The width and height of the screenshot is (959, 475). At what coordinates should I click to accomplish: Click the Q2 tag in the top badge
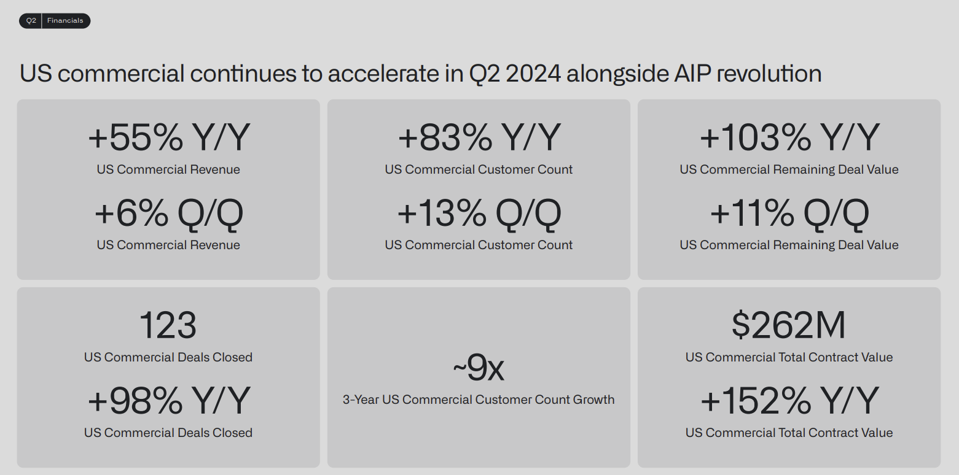pyautogui.click(x=31, y=20)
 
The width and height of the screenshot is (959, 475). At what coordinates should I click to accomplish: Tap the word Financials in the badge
pyautogui.click(x=65, y=20)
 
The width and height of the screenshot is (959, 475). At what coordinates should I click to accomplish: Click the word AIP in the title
pyautogui.click(x=692, y=73)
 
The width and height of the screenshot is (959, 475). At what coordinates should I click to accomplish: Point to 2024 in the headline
pyautogui.click(x=533, y=73)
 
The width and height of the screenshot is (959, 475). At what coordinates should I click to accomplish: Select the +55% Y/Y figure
pyautogui.click(x=169, y=137)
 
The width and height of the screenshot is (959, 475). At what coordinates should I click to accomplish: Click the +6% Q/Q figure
pyautogui.click(x=169, y=213)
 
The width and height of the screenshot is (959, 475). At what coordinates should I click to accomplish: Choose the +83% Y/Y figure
pyautogui.click(x=479, y=137)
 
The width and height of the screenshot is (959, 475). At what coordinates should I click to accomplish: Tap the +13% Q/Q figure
pyautogui.click(x=479, y=213)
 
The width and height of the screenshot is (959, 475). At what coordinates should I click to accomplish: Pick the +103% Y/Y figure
pyautogui.click(x=789, y=137)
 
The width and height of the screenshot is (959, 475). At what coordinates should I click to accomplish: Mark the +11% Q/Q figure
pyautogui.click(x=789, y=213)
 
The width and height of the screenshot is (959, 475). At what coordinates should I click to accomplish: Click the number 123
pyautogui.click(x=168, y=325)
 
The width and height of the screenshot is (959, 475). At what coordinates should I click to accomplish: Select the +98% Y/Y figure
pyautogui.click(x=169, y=400)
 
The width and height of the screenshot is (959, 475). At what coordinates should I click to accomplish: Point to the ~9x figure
pyautogui.click(x=479, y=367)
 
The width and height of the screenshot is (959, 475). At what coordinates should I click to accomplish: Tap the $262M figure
pyautogui.click(x=789, y=325)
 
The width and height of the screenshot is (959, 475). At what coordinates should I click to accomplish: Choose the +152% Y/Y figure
pyautogui.click(x=789, y=400)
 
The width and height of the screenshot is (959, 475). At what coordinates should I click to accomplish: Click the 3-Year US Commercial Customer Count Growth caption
pyautogui.click(x=479, y=400)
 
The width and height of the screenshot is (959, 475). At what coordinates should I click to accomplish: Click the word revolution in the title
pyautogui.click(x=769, y=73)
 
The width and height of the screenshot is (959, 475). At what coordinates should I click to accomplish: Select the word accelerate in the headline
pyautogui.click(x=383, y=73)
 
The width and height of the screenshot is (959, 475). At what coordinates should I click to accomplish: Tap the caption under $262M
pyautogui.click(x=789, y=357)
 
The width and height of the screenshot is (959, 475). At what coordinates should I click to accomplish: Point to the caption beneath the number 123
pyautogui.click(x=168, y=357)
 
